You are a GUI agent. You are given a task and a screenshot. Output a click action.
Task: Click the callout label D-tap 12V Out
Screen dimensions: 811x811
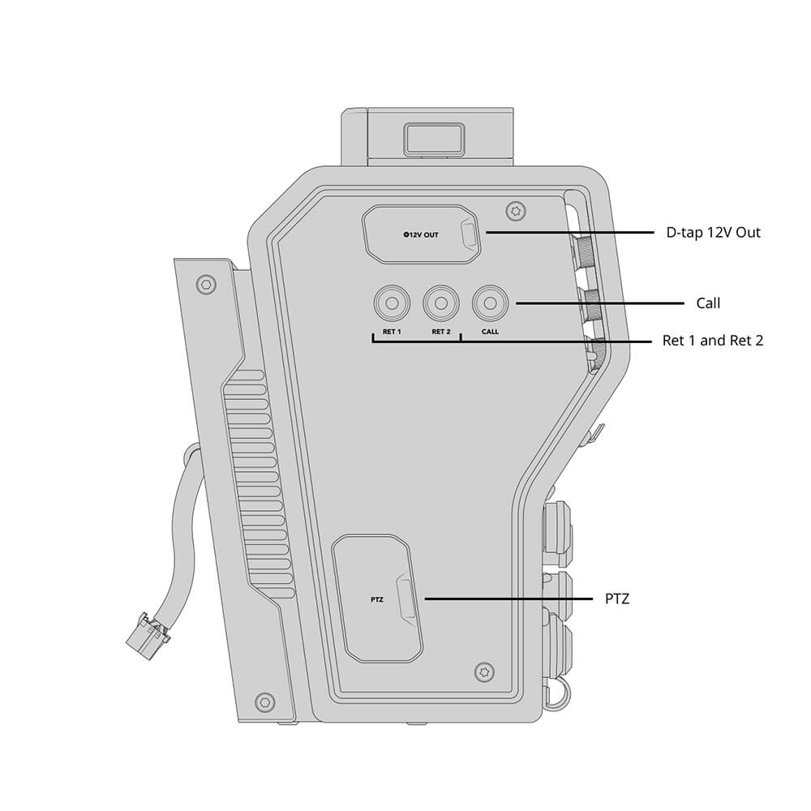coord(713,233)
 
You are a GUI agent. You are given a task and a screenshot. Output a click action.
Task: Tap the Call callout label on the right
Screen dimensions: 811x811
coord(708,303)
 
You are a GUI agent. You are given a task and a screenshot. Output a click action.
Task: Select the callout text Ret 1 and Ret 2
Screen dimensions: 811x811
coord(713,341)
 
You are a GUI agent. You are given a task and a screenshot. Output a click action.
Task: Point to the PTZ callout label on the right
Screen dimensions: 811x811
coord(617,599)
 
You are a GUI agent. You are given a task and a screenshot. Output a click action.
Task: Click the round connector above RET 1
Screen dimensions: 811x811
coord(391,303)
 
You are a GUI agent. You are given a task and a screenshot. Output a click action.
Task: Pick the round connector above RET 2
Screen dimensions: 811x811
coord(440,303)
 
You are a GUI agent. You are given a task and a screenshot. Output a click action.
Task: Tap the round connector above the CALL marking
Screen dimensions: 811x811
coord(490,303)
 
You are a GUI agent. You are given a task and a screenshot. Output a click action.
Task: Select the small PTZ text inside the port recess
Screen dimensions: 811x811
coord(375,600)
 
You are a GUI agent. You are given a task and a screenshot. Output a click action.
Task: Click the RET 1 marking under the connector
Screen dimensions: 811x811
coord(392,332)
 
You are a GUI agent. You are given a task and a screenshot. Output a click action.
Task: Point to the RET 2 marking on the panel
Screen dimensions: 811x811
coord(440,332)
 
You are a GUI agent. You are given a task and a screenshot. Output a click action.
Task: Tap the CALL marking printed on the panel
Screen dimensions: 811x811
coord(490,332)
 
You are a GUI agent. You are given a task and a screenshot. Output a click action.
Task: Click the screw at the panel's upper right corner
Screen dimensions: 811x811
coord(515,211)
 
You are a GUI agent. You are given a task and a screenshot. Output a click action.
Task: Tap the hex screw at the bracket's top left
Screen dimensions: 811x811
coord(208,284)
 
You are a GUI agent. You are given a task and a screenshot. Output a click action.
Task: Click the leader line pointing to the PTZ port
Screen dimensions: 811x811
coord(508,599)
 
